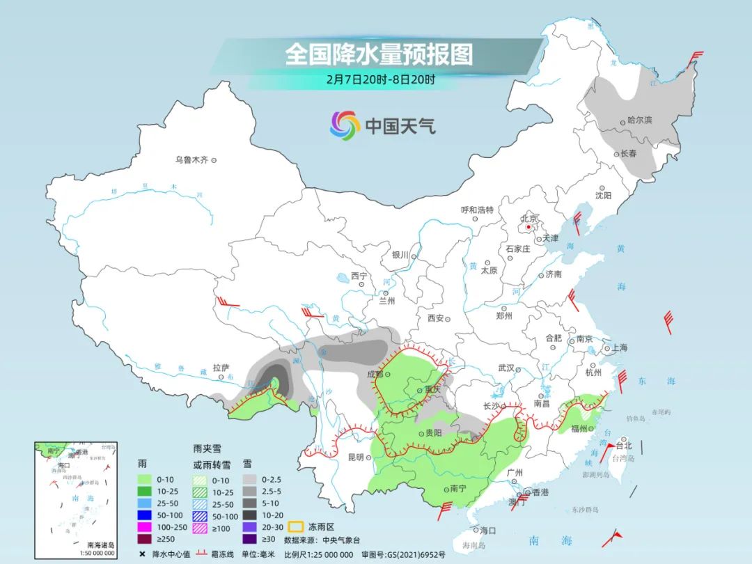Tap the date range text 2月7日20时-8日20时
pyautogui.click(x=380, y=79)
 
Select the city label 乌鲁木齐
pyautogui.click(x=191, y=160)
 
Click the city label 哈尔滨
pyautogui.click(x=639, y=120)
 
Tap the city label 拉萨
pyautogui.click(x=221, y=367)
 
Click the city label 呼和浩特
pyautogui.click(x=477, y=210)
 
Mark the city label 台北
pyautogui.click(x=623, y=446)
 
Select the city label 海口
pyautogui.click(x=487, y=530)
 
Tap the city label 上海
pyautogui.click(x=619, y=347)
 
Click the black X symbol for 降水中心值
pyautogui.click(x=142, y=554)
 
